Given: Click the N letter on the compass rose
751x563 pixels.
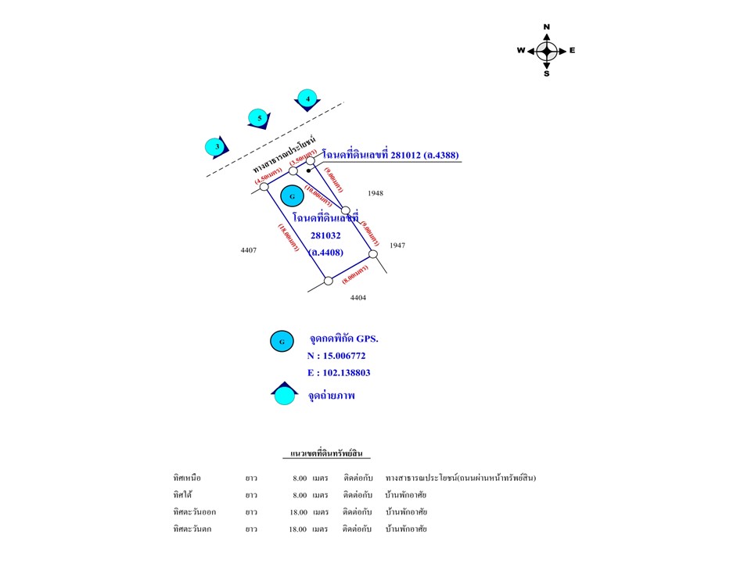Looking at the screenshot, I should point(547,27).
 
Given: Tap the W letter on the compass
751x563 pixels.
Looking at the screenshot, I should point(521,51).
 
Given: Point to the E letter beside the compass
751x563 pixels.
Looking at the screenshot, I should point(573,51).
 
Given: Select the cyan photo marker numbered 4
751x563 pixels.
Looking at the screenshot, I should point(308,99).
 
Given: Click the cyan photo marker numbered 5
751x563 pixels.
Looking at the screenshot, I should point(259,119).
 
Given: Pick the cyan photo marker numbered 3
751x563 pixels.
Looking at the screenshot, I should point(217,146).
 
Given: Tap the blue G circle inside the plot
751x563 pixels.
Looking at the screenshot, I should point(292,195).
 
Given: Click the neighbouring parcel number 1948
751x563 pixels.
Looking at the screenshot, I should point(375,192).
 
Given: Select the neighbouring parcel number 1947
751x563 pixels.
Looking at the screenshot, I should point(397,246).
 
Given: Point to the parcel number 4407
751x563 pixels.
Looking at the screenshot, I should point(250,250).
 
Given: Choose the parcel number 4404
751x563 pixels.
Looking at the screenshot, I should point(358,297).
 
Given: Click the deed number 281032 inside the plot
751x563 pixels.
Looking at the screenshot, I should point(326,235).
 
